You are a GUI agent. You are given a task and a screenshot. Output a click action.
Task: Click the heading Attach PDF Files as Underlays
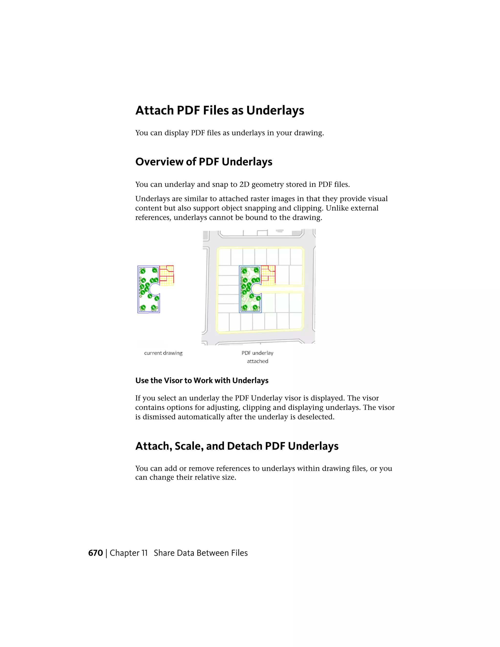coord(219,110)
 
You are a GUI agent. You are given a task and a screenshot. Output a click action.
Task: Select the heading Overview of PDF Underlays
coord(204,162)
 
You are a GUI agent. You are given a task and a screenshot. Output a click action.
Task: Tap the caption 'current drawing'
coord(163,353)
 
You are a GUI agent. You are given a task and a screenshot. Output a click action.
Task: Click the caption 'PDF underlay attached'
coord(257,357)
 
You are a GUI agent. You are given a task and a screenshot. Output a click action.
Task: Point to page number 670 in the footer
coord(95,553)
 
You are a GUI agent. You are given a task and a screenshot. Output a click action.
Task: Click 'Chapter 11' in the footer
coord(129,553)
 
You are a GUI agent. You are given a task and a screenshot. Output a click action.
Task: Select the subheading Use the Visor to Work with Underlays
coord(202,380)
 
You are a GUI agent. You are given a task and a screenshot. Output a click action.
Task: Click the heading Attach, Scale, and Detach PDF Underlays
coord(237,446)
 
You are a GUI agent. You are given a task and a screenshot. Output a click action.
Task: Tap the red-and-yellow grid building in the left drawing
coord(167,275)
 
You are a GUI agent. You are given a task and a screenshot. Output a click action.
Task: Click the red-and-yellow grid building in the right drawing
coord(268,275)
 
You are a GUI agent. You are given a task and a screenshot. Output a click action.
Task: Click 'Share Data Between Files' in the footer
coord(200,553)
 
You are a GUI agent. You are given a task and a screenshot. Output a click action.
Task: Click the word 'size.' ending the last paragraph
coord(229,477)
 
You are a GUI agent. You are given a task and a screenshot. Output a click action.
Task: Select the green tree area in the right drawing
coord(250,289)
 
